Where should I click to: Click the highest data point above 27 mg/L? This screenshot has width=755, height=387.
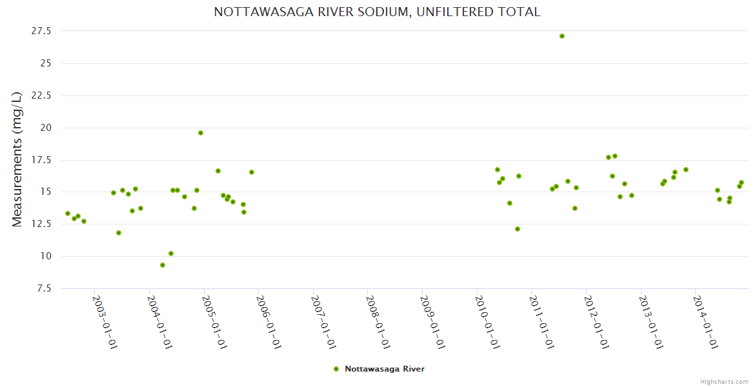(562, 36)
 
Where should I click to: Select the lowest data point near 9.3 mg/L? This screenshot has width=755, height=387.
(163, 265)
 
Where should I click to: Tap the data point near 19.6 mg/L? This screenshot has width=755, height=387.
(201, 133)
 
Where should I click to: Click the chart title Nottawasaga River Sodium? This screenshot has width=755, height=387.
(377, 12)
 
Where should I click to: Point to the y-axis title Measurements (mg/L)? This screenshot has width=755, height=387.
(17, 159)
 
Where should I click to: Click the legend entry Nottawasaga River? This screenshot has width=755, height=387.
(385, 369)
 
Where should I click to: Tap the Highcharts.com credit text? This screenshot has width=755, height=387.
(724, 382)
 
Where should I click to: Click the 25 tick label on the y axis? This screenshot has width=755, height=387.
(46, 63)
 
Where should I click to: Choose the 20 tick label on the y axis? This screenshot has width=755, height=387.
(46, 128)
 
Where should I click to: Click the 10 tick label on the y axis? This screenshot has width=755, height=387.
(46, 256)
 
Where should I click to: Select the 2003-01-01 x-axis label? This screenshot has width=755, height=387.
(105, 322)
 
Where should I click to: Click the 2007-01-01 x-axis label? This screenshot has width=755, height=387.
(323, 322)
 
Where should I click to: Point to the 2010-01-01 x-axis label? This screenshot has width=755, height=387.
(487, 322)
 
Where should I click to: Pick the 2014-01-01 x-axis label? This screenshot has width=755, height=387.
(706, 322)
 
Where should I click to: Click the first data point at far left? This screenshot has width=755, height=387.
(68, 213)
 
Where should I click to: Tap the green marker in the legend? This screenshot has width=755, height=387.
(336, 369)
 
